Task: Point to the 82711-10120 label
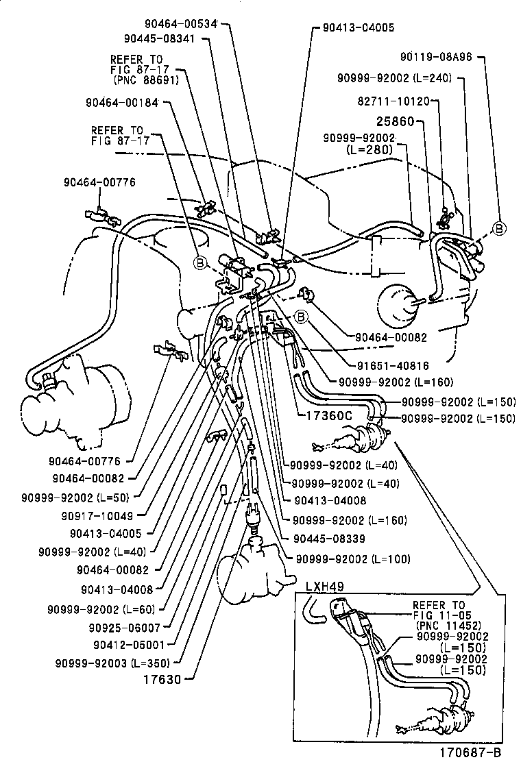(x=393, y=101)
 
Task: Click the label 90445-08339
(x=329, y=538)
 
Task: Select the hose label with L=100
(x=352, y=559)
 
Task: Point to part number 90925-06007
(x=123, y=627)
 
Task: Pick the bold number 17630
(x=163, y=680)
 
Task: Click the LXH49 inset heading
(x=324, y=586)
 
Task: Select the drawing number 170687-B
(x=476, y=750)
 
